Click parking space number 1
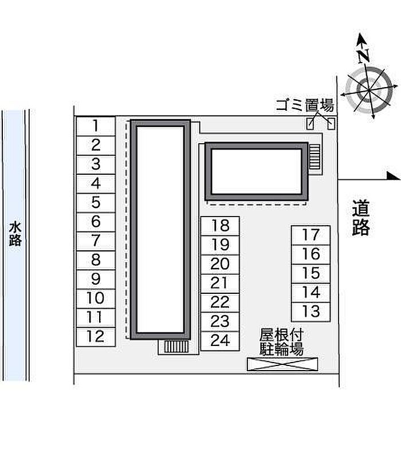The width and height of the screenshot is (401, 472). pos(96,126)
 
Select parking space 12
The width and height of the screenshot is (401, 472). pos(96,337)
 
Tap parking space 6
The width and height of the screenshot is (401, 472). pos(96,222)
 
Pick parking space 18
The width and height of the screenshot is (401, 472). pos(220,226)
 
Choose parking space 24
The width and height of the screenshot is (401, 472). pos(220,341)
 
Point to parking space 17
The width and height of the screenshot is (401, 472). pos(311,235)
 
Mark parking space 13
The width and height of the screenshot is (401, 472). pos(311,312)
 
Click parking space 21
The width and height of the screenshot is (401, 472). pos(220,284)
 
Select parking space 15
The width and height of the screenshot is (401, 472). pos(311,274)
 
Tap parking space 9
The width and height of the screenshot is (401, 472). pos(96,280)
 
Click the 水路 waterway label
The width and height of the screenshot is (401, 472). pos(15,234)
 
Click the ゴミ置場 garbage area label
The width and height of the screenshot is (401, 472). pos(305,105)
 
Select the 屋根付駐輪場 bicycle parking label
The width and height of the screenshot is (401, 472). pos(281,342)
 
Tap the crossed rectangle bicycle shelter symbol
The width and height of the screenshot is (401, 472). pos(282,364)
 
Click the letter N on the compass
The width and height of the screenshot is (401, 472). pos(364,56)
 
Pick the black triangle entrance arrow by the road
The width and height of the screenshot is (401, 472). pos(393,176)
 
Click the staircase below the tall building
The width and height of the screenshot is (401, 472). pos(176,347)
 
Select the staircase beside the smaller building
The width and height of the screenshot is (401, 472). pos(314,156)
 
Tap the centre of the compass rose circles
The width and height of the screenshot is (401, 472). pos(369,90)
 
